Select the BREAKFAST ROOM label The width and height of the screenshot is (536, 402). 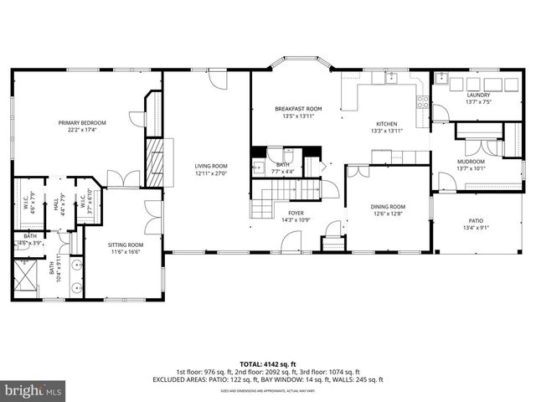pos(298,109)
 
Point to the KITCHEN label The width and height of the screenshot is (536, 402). pos(386,123)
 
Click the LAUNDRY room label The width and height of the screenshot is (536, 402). pos(478,95)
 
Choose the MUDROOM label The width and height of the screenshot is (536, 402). pos(471,161)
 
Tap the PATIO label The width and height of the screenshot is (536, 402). pos(474,221)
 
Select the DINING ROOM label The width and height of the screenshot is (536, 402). pos(388,206)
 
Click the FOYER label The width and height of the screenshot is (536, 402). pos(296,213)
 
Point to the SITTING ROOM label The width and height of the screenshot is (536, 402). pos(126,245)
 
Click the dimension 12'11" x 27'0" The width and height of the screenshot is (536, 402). pos(211,173)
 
